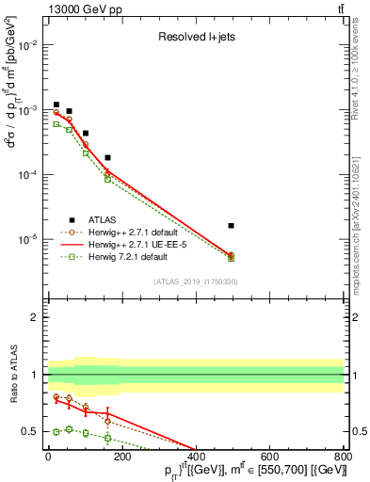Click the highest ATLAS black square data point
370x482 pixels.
56,104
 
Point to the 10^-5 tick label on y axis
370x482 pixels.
27,239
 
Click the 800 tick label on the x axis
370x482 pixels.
343,457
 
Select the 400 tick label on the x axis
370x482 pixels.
196,457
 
